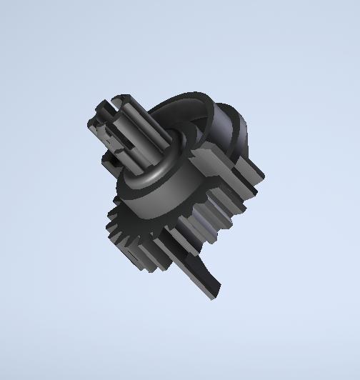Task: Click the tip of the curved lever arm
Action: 214,294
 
